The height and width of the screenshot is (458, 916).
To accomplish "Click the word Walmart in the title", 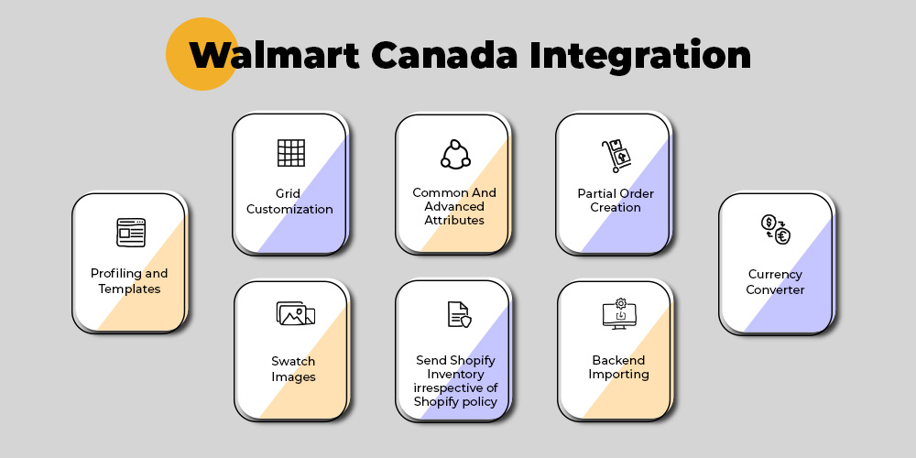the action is (274, 56).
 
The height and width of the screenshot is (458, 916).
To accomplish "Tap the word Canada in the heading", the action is (444, 56).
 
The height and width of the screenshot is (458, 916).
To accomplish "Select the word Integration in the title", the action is (641, 57).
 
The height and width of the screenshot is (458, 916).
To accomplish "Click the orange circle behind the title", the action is (202, 54).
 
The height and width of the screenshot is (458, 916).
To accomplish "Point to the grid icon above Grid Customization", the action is (291, 153).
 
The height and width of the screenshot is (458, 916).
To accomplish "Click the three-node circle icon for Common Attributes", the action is (455, 155).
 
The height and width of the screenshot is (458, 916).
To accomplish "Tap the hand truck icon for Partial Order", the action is (616, 156).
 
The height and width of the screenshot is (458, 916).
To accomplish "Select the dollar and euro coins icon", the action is (776, 229).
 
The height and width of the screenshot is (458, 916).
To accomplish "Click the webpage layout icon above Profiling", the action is (131, 233).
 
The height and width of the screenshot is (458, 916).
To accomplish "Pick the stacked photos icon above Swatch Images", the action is (296, 313).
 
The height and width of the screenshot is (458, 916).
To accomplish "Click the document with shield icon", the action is (460, 314).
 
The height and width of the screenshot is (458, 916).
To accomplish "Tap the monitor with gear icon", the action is (619, 313).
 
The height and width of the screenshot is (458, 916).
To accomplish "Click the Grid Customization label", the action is (289, 202).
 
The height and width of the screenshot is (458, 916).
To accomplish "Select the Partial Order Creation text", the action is (616, 201).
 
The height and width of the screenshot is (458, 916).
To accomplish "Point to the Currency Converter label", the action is (775, 281).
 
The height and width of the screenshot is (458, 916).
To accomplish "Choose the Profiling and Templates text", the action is (129, 281).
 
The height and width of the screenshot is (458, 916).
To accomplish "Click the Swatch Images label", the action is (293, 368).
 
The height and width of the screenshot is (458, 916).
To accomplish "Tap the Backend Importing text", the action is (618, 367).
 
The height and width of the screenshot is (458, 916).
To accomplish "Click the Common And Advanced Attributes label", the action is (454, 206).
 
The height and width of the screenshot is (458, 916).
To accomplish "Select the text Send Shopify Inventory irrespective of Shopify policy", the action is (455, 381).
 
